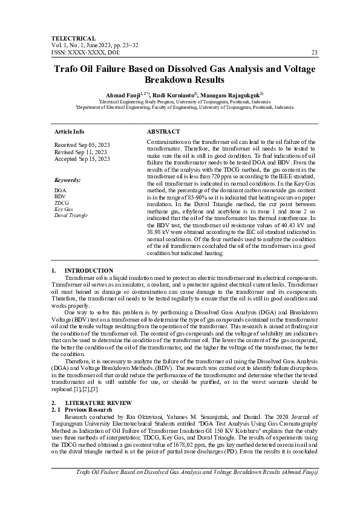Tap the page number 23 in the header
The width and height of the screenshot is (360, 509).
[x=314, y=53]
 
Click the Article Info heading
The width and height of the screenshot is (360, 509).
[x=70, y=131]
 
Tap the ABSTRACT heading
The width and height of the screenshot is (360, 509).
[x=163, y=131]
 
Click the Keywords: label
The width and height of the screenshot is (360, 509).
[x=68, y=180]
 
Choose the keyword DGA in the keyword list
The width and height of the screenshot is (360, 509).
[x=61, y=190]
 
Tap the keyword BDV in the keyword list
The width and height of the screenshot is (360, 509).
[x=60, y=196]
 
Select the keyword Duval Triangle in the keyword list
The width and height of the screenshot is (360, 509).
[x=71, y=215]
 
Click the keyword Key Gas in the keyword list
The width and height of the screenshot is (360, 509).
[x=64, y=209]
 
